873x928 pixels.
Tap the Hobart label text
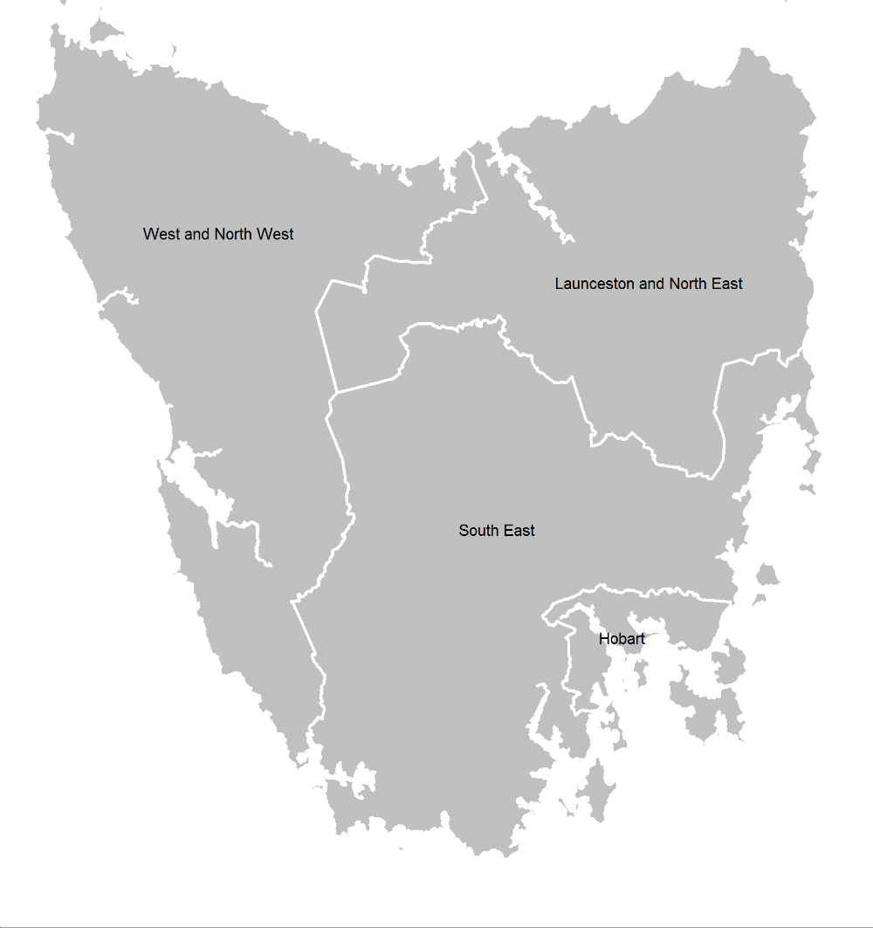click(x=622, y=640)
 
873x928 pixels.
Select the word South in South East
click(x=478, y=531)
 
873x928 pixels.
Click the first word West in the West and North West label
click(x=161, y=234)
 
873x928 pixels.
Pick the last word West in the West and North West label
click(x=274, y=234)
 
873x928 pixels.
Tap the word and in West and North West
click(x=196, y=234)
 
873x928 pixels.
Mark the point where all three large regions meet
click(x=335, y=393)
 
